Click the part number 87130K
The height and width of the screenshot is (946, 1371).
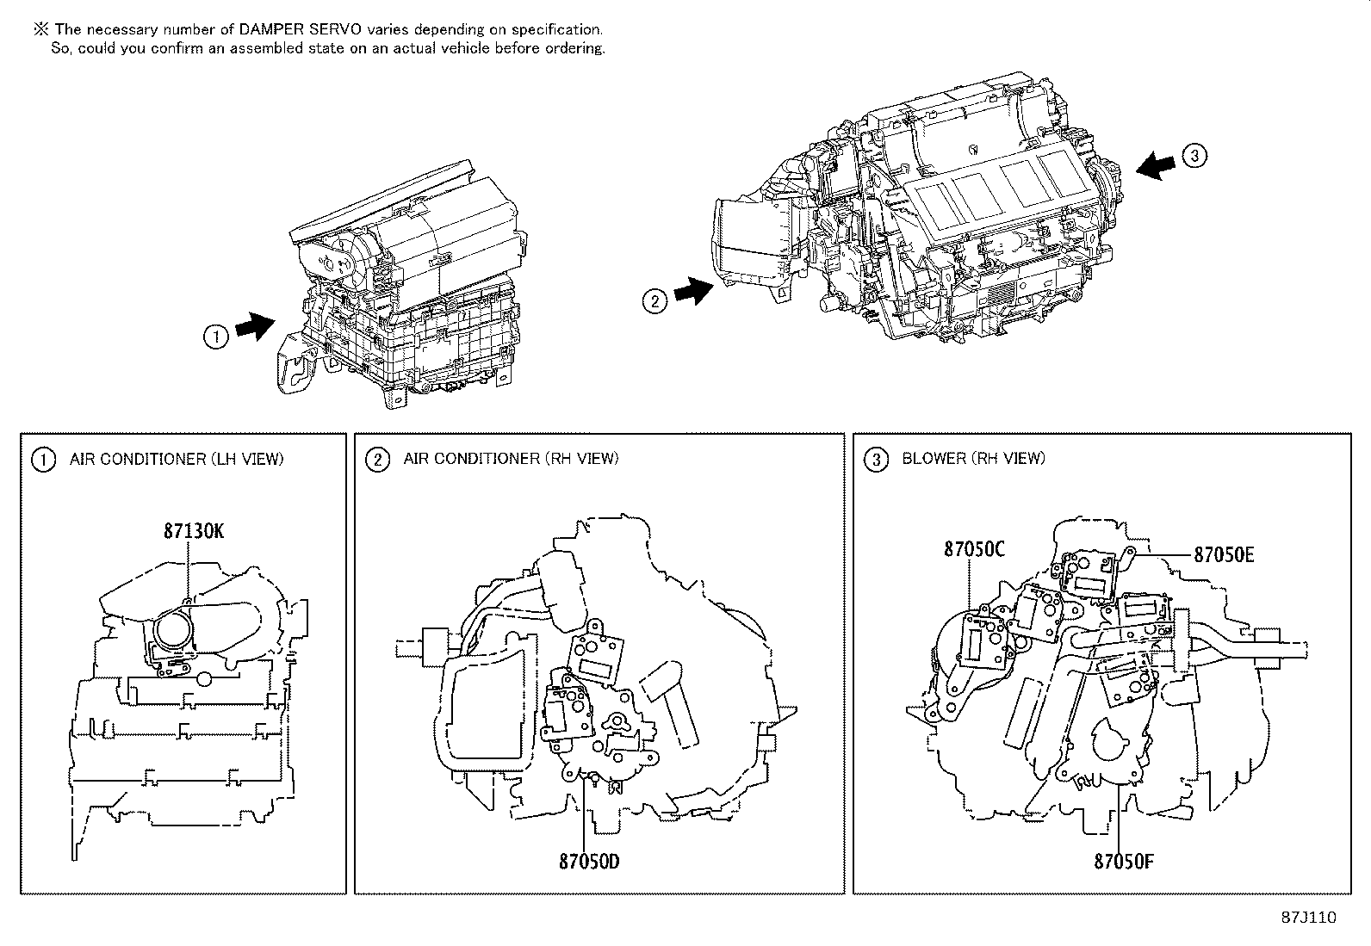[193, 531]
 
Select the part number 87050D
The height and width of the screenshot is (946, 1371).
[588, 860]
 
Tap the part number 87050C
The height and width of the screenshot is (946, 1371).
[974, 548]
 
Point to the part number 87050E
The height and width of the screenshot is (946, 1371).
[1223, 555]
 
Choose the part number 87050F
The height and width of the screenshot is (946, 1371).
[1123, 860]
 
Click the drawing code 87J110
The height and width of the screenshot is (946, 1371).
[1307, 918]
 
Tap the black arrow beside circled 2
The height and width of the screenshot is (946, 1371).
[693, 294]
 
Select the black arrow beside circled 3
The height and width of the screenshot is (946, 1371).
[1157, 165]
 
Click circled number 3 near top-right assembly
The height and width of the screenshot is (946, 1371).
[1194, 156]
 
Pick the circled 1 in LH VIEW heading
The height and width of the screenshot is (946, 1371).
[42, 461]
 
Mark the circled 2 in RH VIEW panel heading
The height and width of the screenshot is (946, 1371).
[376, 461]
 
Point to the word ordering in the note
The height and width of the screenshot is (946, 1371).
[574, 48]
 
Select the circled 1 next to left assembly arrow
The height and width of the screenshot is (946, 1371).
[215, 337]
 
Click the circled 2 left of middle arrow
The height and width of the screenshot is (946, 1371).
[654, 301]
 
